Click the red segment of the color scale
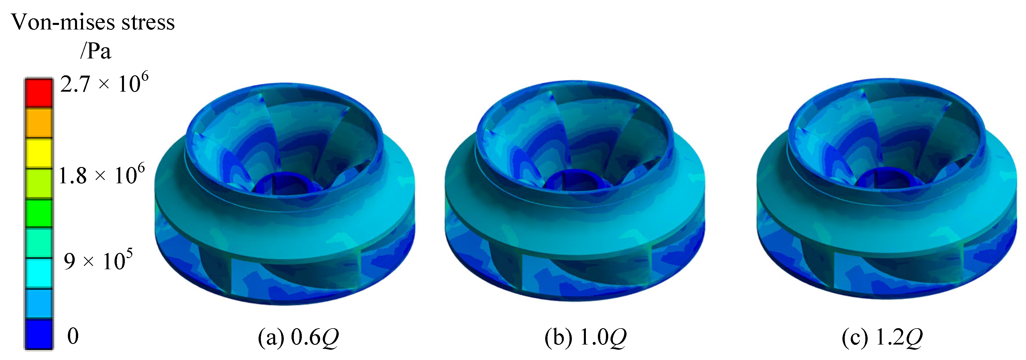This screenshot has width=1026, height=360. [39, 93]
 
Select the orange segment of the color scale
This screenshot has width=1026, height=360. [39, 123]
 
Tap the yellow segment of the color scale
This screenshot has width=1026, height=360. [39, 153]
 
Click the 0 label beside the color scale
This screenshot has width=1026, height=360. [73, 336]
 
